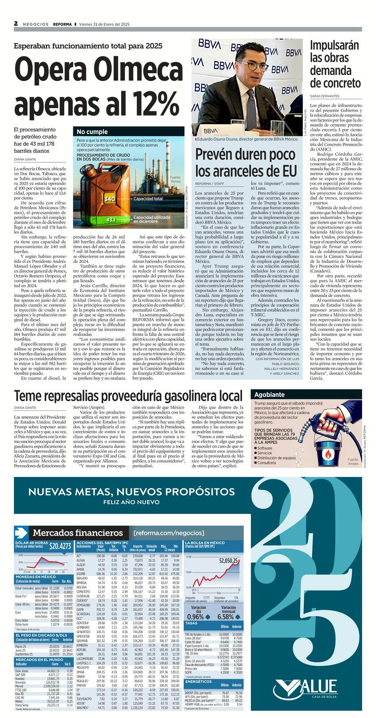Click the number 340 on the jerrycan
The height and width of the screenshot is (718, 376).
pyautogui.click(x=110, y=199)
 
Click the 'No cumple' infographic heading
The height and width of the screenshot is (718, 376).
pyautogui.click(x=92, y=131)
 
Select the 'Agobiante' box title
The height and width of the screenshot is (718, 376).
pyautogui.click(x=270, y=394)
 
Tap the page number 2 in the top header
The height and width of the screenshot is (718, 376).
pyautogui.click(x=16, y=24)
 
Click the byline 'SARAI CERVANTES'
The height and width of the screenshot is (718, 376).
pyautogui.click(x=325, y=96)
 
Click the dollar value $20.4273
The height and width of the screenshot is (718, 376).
pyautogui.click(x=60, y=545)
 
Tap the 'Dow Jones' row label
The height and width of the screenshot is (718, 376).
pyautogui.click(x=22, y=671)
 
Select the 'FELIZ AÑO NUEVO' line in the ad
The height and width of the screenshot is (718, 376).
pyautogui.click(x=131, y=502)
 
